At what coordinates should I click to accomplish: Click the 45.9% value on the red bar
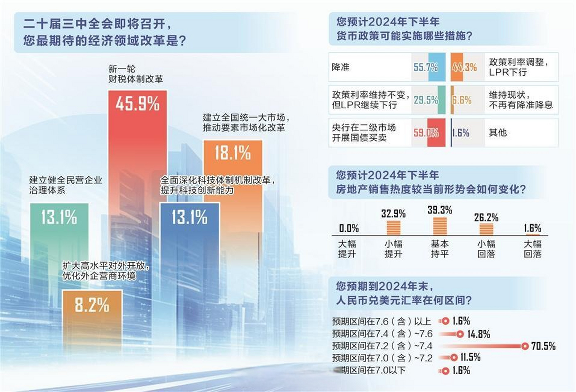(137, 104)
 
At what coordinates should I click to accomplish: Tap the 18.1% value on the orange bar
(232, 153)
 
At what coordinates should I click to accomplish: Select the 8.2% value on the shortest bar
(92, 305)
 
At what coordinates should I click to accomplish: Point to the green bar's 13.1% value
(59, 217)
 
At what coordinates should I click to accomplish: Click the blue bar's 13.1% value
(189, 217)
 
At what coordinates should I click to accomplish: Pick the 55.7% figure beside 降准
(426, 67)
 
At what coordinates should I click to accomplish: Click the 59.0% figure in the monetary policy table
(426, 133)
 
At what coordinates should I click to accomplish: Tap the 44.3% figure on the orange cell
(464, 67)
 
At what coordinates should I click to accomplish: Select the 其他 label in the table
(498, 133)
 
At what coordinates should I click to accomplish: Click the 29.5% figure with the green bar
(426, 100)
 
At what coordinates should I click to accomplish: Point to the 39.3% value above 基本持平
(440, 210)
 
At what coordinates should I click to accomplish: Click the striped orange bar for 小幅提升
(393, 228)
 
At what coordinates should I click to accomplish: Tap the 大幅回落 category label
(532, 249)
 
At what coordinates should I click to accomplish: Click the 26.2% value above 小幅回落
(486, 217)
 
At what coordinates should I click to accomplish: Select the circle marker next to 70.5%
(525, 346)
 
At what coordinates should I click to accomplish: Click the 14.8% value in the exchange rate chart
(479, 334)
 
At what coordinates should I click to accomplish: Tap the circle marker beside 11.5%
(454, 357)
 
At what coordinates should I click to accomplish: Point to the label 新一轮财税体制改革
(135, 74)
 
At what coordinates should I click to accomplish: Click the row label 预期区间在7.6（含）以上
(382, 321)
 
